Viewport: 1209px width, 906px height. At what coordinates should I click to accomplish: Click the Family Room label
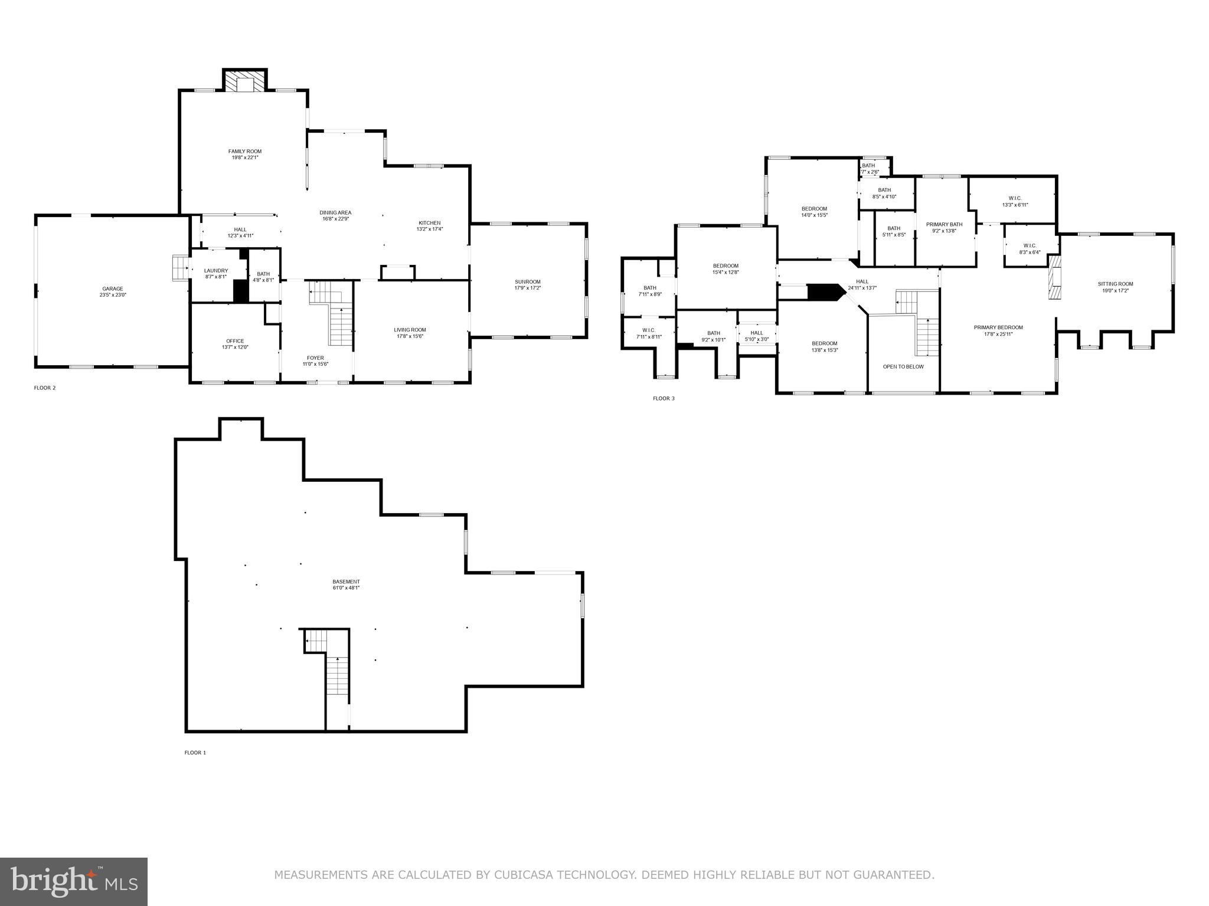(244, 152)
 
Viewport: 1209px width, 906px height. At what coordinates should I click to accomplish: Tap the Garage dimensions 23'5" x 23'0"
(112, 295)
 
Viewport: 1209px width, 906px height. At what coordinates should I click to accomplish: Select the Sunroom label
(527, 282)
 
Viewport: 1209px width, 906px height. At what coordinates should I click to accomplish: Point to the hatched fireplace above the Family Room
(244, 82)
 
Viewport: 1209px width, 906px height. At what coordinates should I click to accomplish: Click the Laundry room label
(215, 271)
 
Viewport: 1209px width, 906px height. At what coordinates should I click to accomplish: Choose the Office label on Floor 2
(234, 341)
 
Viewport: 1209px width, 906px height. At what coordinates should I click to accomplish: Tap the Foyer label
(315, 358)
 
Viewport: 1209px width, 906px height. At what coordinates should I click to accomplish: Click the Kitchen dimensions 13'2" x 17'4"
(429, 229)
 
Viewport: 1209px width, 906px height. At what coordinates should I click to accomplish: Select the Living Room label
(410, 330)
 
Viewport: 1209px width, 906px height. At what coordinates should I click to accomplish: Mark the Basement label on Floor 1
(345, 582)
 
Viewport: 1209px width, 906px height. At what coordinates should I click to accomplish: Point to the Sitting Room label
(1115, 284)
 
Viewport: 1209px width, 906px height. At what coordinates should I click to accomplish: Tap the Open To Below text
(903, 367)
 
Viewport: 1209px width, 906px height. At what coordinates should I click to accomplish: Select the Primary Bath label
(944, 224)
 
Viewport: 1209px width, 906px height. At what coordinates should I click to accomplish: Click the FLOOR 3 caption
(663, 399)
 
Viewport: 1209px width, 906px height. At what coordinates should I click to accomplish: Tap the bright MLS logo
(74, 881)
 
